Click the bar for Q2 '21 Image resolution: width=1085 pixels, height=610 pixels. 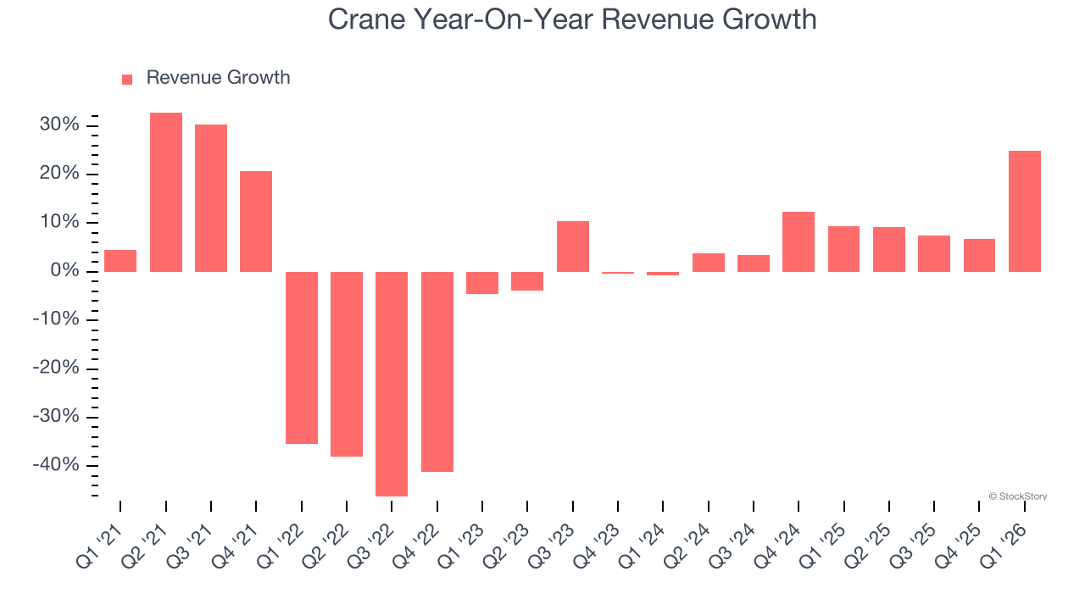pyautogui.click(x=165, y=192)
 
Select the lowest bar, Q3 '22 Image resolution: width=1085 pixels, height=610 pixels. pyautogui.click(x=392, y=384)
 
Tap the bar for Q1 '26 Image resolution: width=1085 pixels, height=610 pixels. pyautogui.click(x=1025, y=211)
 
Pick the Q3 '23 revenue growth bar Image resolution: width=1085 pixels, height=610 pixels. pyautogui.click(x=573, y=247)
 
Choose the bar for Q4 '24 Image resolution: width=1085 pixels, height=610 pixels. pyautogui.click(x=798, y=241)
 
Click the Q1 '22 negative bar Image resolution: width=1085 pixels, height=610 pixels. pyautogui.click(x=302, y=358)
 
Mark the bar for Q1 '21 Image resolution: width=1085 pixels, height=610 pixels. pyautogui.click(x=120, y=261)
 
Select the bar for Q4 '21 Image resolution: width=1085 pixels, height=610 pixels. pyautogui.click(x=256, y=221)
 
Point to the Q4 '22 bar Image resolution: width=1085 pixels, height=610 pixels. pyautogui.click(x=437, y=371)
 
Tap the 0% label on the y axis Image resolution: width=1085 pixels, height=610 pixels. pyautogui.click(x=64, y=271)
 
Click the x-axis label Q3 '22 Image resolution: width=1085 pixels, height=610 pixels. pyautogui.click(x=374, y=543)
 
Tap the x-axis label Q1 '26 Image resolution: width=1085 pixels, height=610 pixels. pyautogui.click(x=1007, y=543)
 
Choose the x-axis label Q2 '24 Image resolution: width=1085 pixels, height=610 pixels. pyautogui.click(x=690, y=543)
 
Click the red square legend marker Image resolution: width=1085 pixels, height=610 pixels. pyautogui.click(x=127, y=79)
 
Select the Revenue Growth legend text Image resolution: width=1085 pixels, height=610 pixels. pyautogui.click(x=218, y=78)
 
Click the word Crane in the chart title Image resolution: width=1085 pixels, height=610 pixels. pyautogui.click(x=365, y=19)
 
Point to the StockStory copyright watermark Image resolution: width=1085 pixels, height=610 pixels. pyautogui.click(x=1017, y=496)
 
